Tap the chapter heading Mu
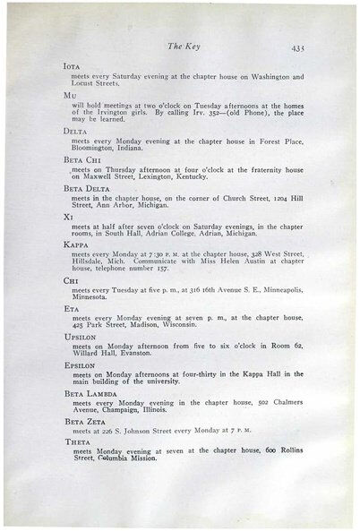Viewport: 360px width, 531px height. [70, 94]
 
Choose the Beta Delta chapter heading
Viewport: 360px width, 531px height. [86, 189]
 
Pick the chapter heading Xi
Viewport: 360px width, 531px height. [69, 217]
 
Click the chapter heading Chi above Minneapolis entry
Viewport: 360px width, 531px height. [71, 280]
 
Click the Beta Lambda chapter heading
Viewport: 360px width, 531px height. [88, 393]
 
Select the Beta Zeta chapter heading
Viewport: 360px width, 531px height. [83, 420]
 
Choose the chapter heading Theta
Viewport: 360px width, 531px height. [78, 442]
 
